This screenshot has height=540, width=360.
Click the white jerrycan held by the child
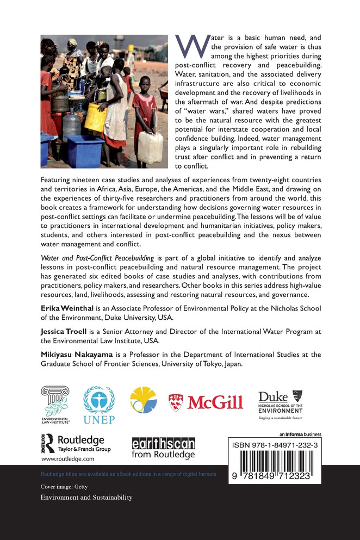(149, 147)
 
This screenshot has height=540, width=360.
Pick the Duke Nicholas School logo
(281, 405)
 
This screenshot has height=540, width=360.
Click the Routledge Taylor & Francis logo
(76, 443)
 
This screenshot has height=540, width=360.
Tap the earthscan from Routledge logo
(163, 448)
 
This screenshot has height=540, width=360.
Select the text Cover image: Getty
(64, 487)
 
